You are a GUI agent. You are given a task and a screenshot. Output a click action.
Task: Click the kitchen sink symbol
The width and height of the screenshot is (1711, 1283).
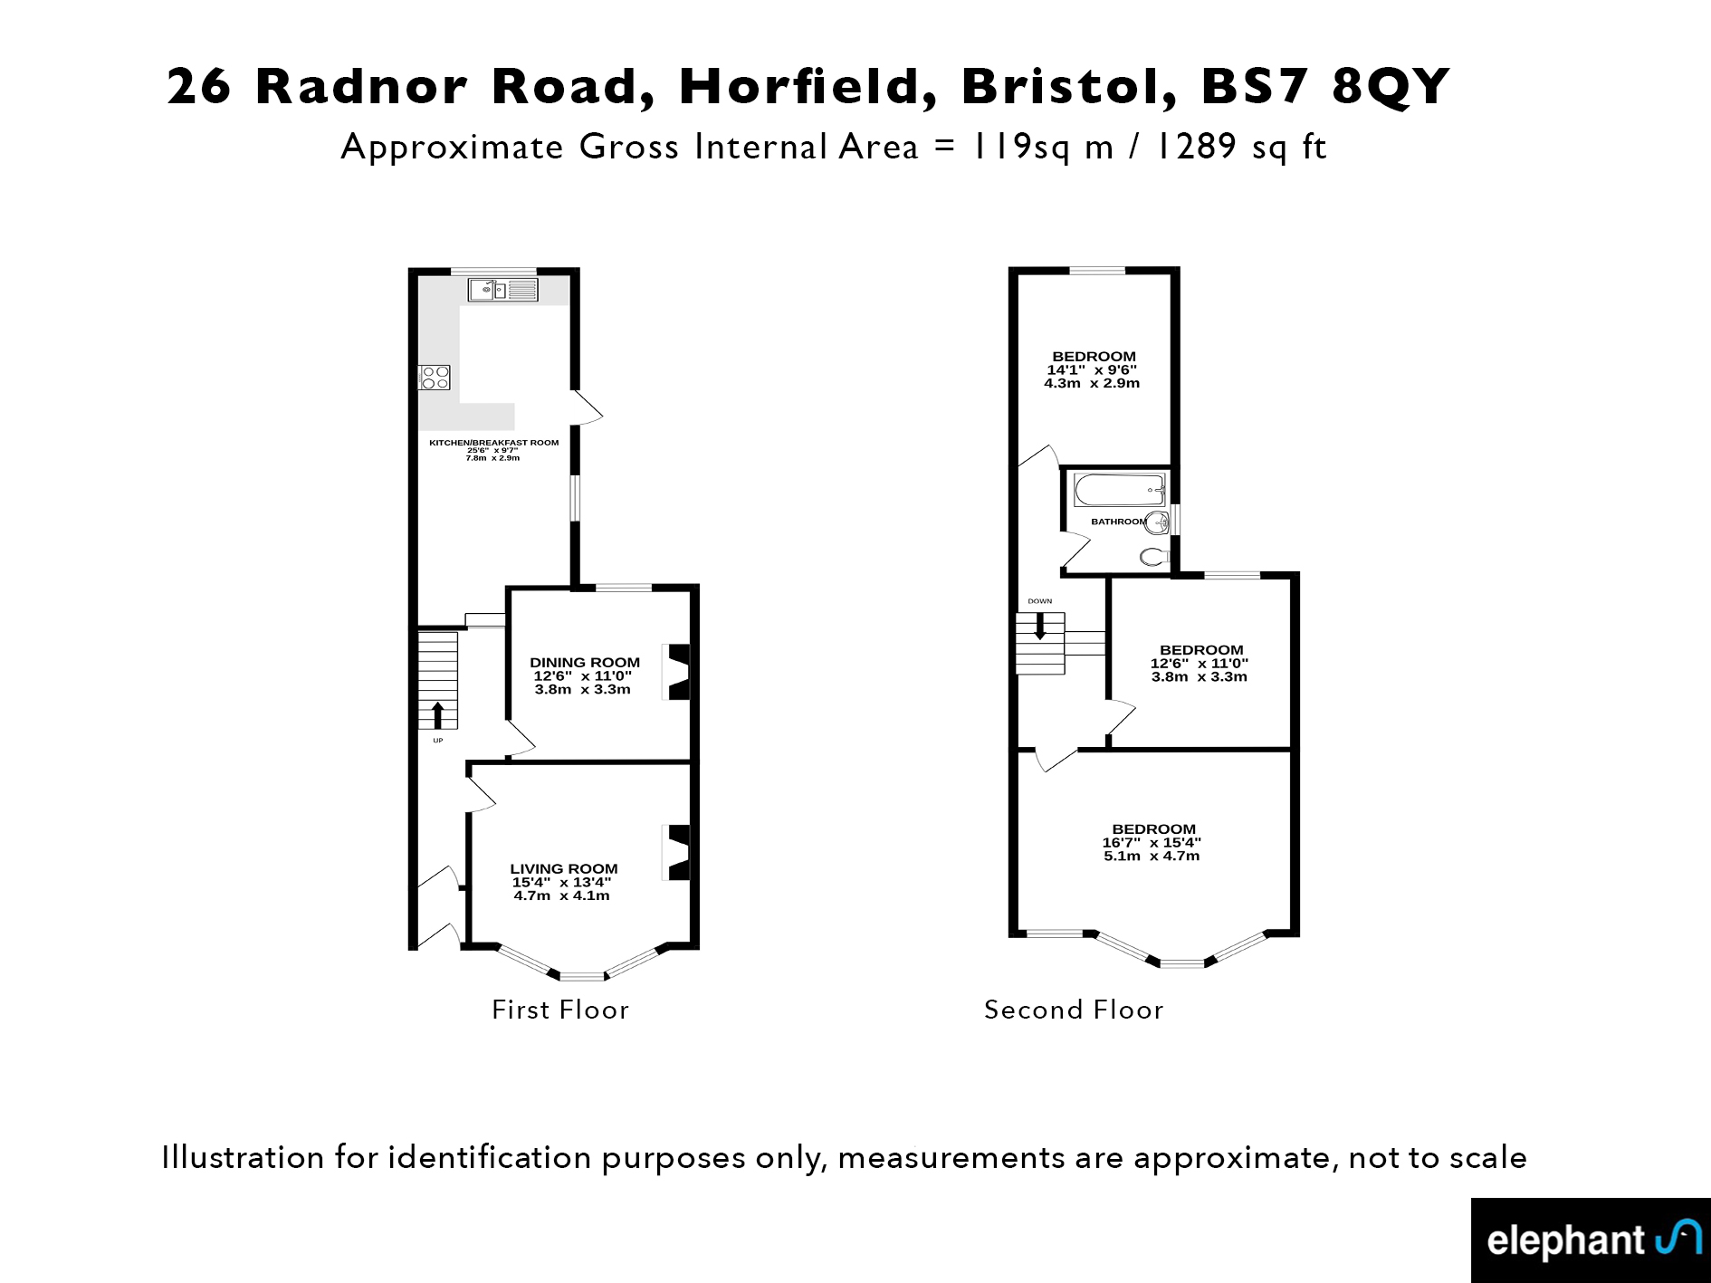[503, 290]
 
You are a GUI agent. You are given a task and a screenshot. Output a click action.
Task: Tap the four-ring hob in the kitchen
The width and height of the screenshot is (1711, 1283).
[435, 377]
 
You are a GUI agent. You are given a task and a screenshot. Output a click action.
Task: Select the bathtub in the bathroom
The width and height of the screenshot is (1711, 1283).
[1120, 490]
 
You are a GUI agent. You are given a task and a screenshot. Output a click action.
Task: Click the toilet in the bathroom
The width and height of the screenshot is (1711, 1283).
[1154, 556]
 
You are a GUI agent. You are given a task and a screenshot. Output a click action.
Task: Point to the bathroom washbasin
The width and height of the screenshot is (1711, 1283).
[1157, 521]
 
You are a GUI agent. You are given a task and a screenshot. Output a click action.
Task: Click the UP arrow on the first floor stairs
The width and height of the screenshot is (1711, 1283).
[438, 715]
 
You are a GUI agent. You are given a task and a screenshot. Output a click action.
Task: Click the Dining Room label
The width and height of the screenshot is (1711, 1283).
[585, 663]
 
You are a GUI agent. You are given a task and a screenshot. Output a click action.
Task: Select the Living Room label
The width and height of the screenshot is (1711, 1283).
[564, 869]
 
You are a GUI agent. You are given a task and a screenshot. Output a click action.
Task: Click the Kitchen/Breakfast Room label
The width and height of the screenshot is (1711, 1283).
[493, 443]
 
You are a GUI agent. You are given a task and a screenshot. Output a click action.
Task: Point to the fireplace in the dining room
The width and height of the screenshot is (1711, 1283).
[678, 672]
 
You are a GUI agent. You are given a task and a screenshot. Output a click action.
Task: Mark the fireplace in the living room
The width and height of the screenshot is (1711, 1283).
[678, 852]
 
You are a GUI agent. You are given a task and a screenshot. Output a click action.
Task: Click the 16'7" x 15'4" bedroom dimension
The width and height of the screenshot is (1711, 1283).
[1152, 843]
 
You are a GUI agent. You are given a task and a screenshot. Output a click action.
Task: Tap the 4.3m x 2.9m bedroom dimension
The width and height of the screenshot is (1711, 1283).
[1092, 383]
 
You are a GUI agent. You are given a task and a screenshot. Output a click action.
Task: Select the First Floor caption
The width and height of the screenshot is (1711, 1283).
[560, 1010]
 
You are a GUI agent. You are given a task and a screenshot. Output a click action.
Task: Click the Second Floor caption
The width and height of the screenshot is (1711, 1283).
[1074, 1010]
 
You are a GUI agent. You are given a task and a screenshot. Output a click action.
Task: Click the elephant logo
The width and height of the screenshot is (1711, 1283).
[1591, 1240]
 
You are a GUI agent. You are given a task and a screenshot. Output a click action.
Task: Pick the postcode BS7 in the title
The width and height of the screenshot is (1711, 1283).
[1255, 87]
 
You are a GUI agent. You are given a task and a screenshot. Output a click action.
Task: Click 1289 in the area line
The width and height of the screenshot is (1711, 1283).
[1195, 147]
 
